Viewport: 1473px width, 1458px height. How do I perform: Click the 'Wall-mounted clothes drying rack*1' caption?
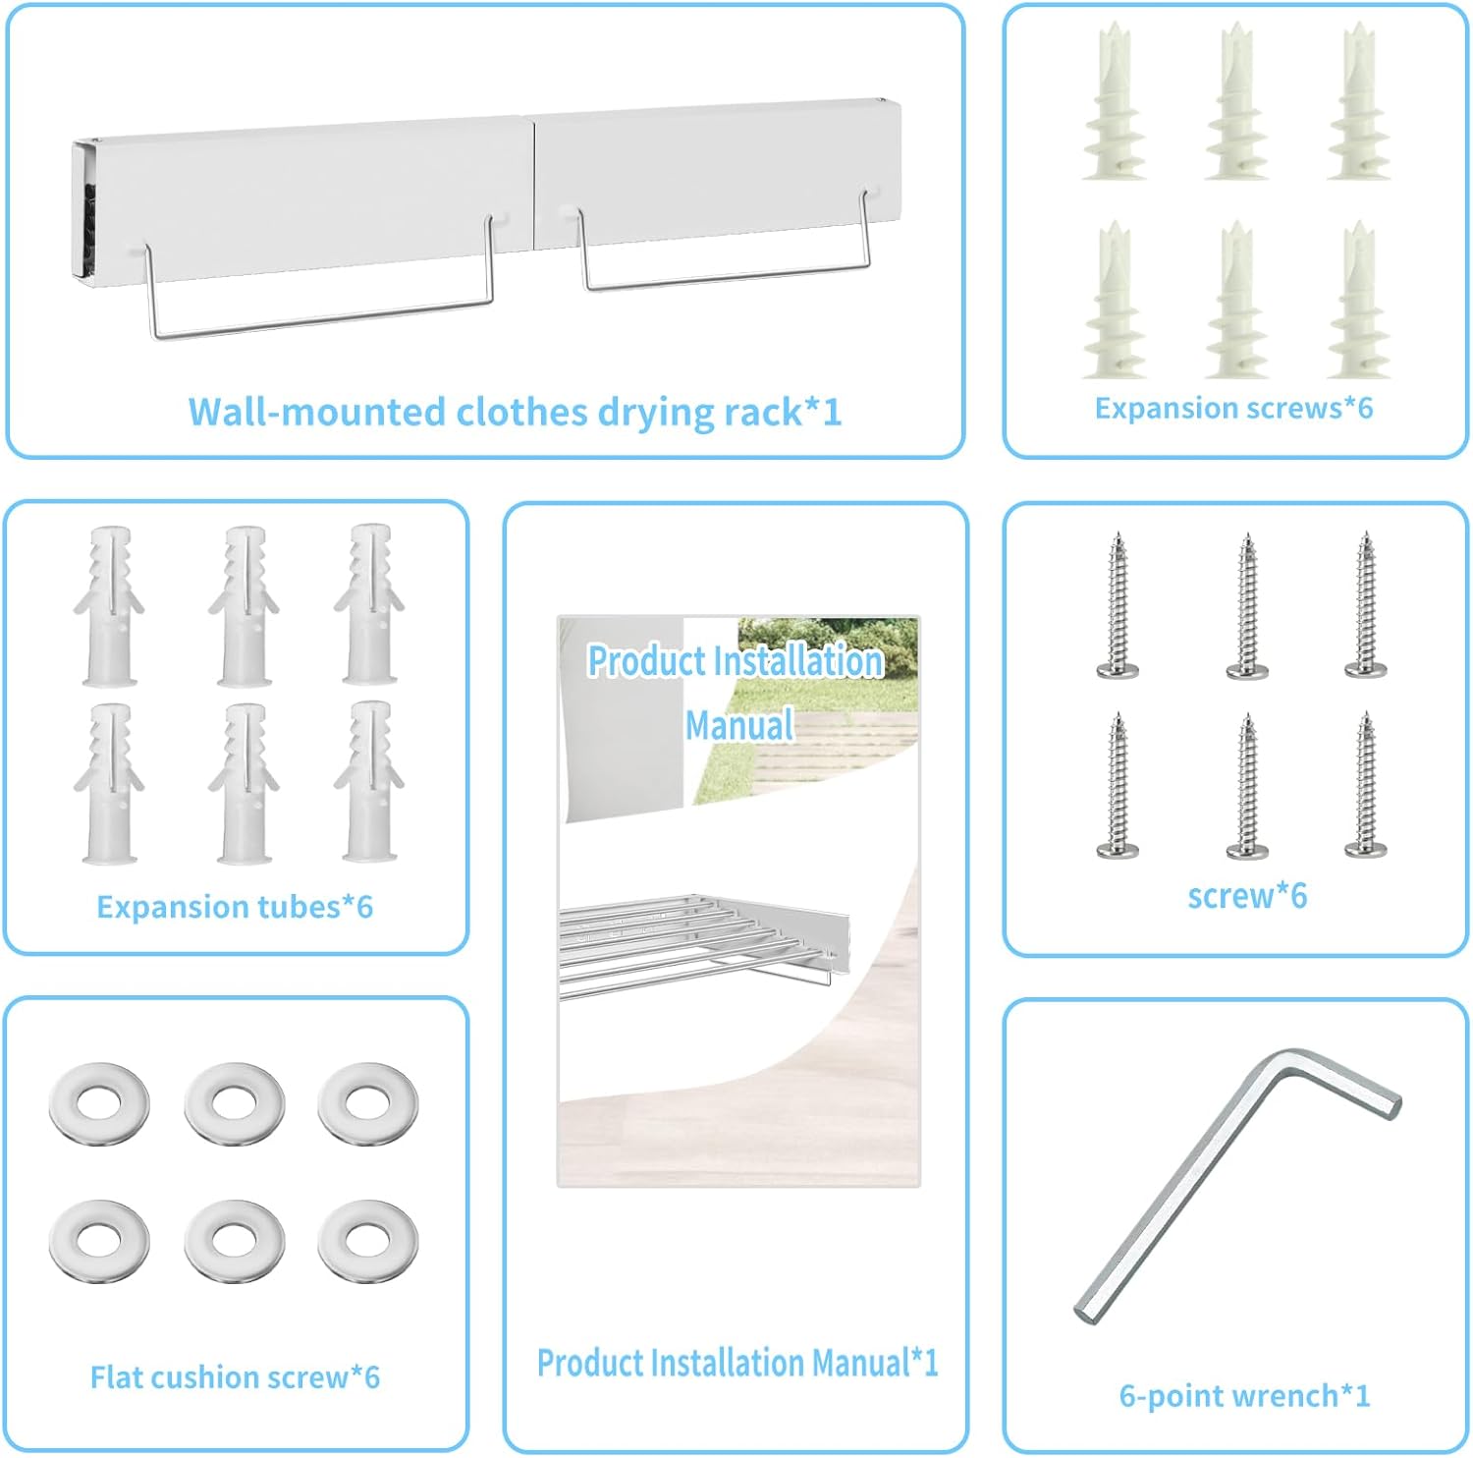[515, 413]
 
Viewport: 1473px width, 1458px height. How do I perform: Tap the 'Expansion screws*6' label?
[1233, 408]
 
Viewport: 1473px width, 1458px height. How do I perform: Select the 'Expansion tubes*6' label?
[235, 906]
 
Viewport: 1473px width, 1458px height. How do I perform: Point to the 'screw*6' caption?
[1247, 895]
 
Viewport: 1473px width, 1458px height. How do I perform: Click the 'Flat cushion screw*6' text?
[235, 1376]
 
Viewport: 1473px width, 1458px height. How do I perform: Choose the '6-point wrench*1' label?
[1244, 1395]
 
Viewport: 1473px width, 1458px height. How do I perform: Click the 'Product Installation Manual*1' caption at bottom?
[737, 1363]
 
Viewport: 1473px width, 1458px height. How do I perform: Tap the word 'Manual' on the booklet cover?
[739, 725]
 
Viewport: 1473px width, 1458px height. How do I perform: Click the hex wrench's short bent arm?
[1340, 1082]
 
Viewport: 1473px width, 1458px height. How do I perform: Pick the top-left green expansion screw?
[1114, 101]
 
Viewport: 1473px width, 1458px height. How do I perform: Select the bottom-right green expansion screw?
[1358, 300]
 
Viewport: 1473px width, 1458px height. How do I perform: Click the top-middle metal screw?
[1247, 606]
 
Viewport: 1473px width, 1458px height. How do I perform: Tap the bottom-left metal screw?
[1118, 785]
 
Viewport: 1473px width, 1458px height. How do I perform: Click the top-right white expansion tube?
[369, 604]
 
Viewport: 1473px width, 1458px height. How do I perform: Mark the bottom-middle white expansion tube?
[244, 783]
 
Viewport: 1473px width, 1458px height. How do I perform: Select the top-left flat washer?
[99, 1103]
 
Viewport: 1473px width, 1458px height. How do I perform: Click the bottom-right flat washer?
[368, 1241]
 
